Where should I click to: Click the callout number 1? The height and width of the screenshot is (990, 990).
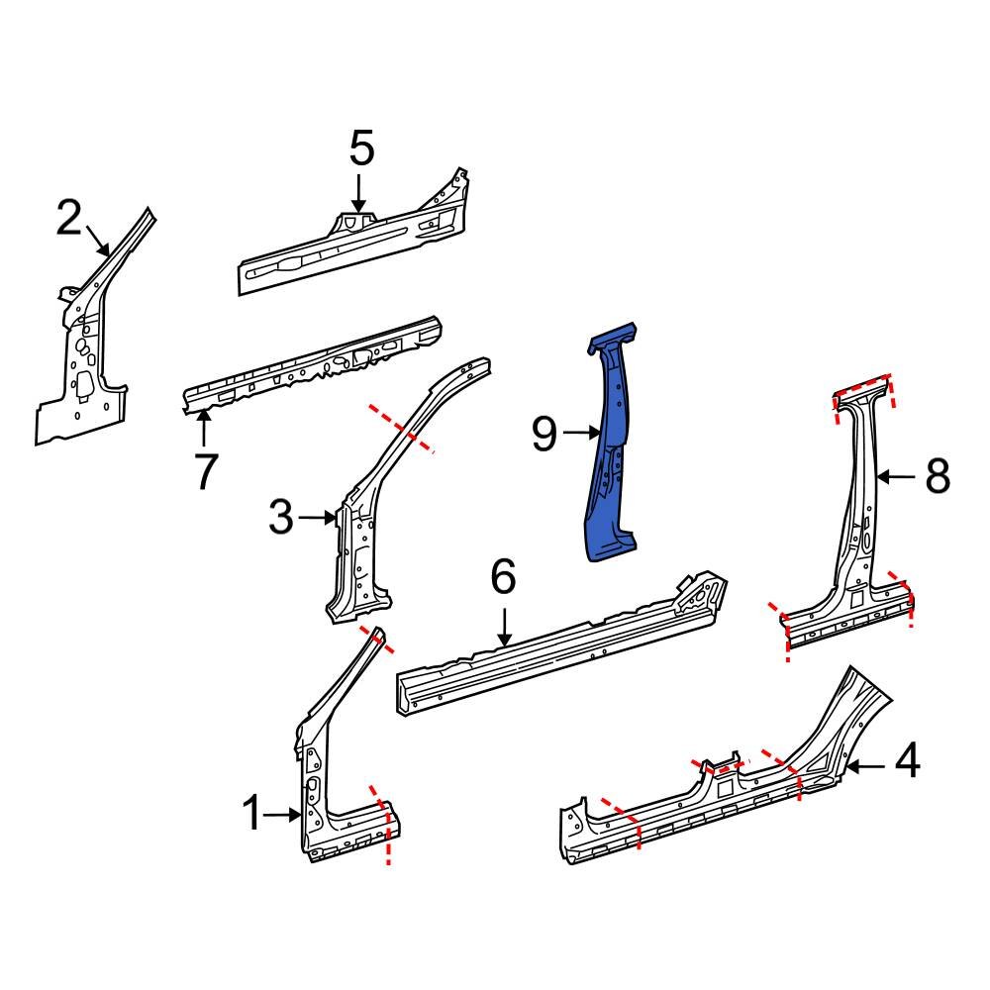pos(253,815)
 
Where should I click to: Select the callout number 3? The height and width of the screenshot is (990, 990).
pos(281,517)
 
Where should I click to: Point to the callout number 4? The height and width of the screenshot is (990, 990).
pos(907,764)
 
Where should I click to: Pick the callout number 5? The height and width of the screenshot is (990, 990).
pos(361,149)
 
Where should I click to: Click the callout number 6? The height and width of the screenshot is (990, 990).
pos(503,577)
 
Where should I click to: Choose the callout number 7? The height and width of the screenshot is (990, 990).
pos(204,471)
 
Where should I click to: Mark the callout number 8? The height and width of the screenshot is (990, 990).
pos(937,476)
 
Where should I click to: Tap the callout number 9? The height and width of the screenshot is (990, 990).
pos(545,434)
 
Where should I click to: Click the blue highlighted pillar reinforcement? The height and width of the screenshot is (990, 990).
pos(611,445)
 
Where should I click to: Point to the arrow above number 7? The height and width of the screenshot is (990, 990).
pos(203,429)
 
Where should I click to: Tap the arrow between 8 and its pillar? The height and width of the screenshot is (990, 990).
pos(897,477)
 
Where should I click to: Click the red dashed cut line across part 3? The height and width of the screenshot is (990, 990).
pos(401,428)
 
